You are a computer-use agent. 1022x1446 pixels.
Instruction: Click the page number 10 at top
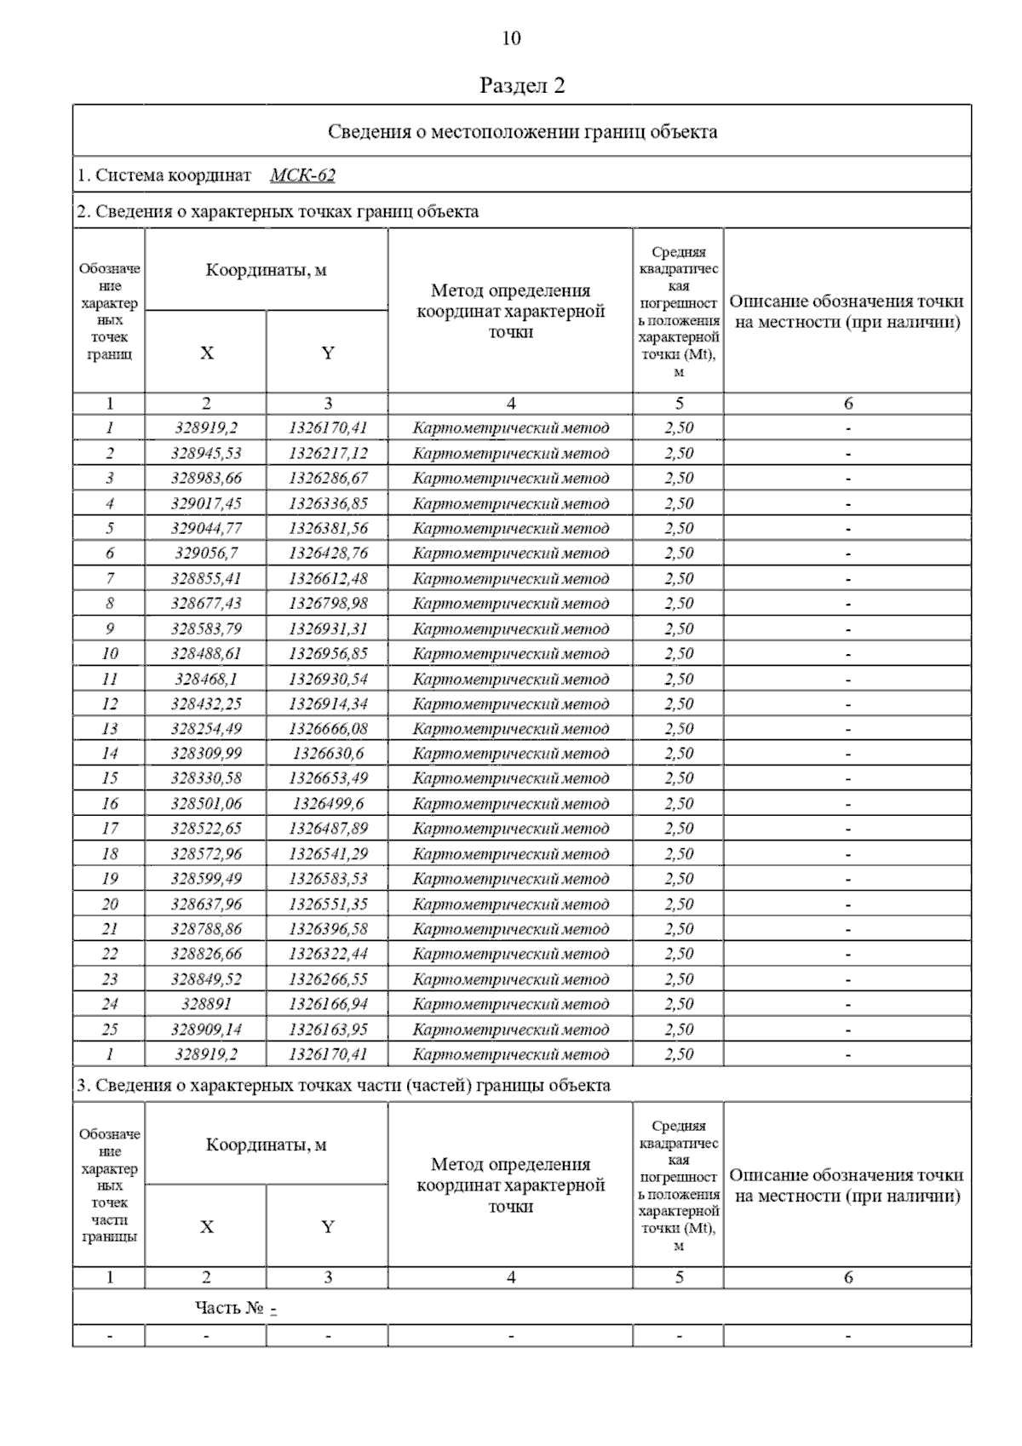[511, 38]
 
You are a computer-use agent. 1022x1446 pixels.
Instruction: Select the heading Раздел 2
[522, 85]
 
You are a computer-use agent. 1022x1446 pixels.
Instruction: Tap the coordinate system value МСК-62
[302, 175]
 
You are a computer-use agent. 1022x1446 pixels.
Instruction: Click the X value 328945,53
[206, 453]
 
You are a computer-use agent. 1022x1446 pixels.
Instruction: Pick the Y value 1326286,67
[328, 478]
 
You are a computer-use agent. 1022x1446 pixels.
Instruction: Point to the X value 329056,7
[206, 554]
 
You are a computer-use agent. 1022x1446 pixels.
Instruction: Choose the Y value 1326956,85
[328, 654]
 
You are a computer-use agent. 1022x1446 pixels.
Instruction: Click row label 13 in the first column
[109, 729]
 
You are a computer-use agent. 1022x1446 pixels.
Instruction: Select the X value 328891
[206, 1004]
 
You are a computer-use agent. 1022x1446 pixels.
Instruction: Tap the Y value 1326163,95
[328, 1030]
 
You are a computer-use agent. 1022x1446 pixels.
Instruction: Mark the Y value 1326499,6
[328, 804]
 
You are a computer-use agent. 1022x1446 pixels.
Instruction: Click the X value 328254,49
[206, 729]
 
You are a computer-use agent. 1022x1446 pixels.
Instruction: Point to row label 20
[109, 904]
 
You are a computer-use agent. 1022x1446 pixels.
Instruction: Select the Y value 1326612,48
[328, 579]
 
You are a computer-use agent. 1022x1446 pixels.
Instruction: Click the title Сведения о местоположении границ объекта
[522, 132]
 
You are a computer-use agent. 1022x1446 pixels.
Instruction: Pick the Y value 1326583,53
[328, 879]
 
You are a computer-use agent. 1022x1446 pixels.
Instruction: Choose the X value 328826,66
[206, 954]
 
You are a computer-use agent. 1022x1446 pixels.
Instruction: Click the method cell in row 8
[511, 604]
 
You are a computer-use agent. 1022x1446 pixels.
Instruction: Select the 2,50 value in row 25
[679, 1030]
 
